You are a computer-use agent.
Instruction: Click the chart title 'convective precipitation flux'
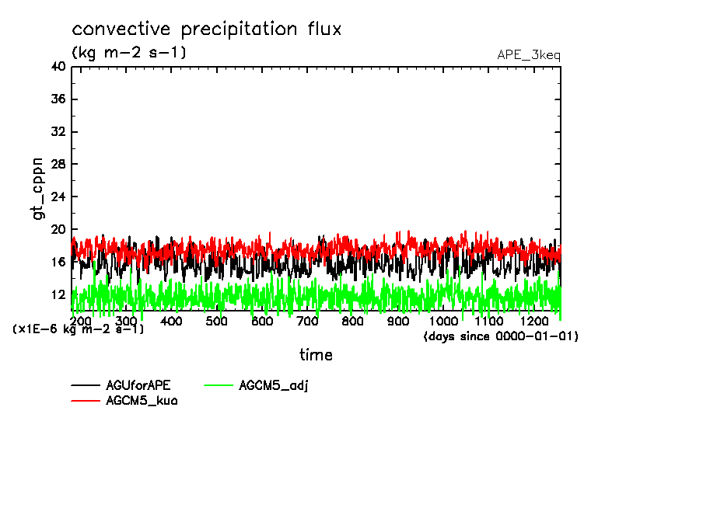coord(207,30)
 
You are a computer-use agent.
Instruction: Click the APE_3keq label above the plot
coord(529,55)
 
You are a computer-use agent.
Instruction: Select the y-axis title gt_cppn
coord(38,189)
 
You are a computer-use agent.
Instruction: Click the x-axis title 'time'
coord(316,355)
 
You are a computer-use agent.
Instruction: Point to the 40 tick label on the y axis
coord(58,67)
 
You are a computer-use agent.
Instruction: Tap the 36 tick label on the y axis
coord(58,99)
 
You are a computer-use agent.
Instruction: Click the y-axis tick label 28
coord(58,165)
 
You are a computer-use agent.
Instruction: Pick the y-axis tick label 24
coord(58,197)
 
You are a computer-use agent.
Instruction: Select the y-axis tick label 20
coord(58,230)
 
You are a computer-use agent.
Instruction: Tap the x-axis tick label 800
coord(352,321)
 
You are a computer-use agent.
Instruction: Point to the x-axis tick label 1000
coord(443,321)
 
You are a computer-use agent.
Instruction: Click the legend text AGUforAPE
coord(138,385)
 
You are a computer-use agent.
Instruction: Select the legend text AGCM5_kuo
coord(141,400)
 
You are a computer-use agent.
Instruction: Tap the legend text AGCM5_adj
coord(274,385)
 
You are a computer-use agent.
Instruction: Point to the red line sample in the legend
coord(85,400)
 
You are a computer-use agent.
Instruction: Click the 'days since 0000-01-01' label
coord(501,336)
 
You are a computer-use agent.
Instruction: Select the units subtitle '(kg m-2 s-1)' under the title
coord(128,53)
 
